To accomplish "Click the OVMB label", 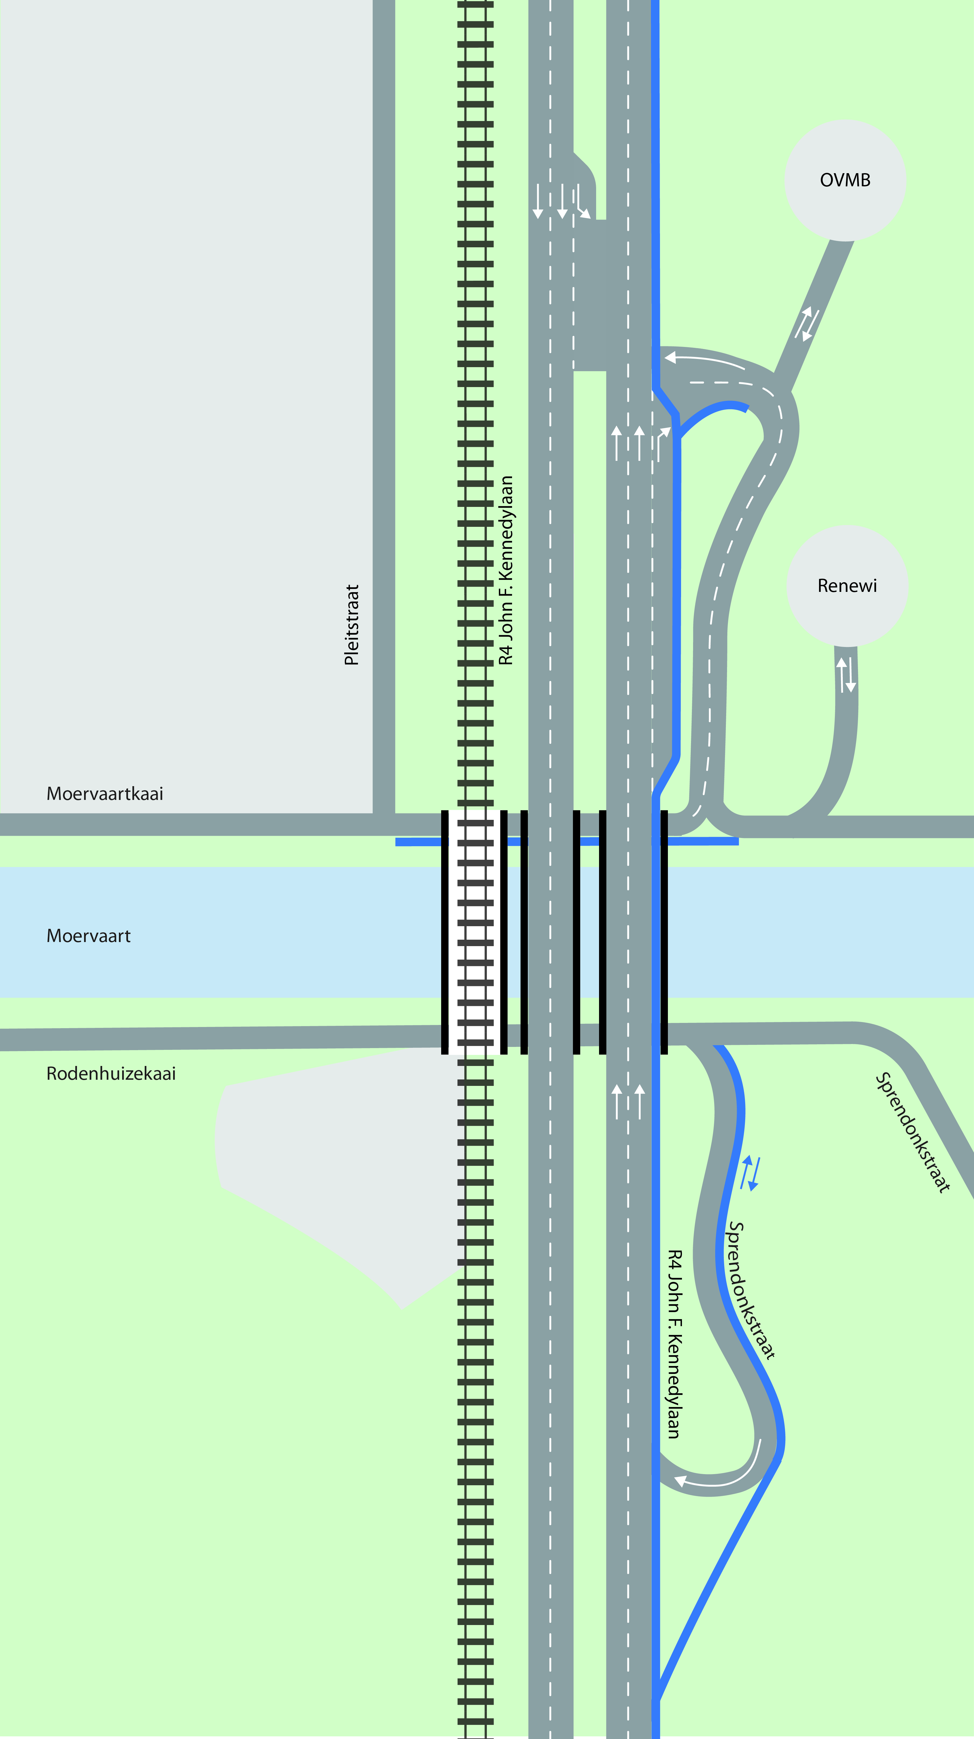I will [845, 180].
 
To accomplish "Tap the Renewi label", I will [847, 586].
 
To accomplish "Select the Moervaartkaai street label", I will [105, 794].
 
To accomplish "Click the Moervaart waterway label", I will [88, 936].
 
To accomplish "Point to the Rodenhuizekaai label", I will [111, 1074].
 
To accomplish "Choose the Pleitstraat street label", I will [352, 625].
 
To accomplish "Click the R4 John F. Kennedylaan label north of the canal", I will [506, 570].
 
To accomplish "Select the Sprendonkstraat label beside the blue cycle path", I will [750, 1290].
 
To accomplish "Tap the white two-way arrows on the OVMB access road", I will [807, 324].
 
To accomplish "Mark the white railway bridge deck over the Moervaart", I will [475, 931].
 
